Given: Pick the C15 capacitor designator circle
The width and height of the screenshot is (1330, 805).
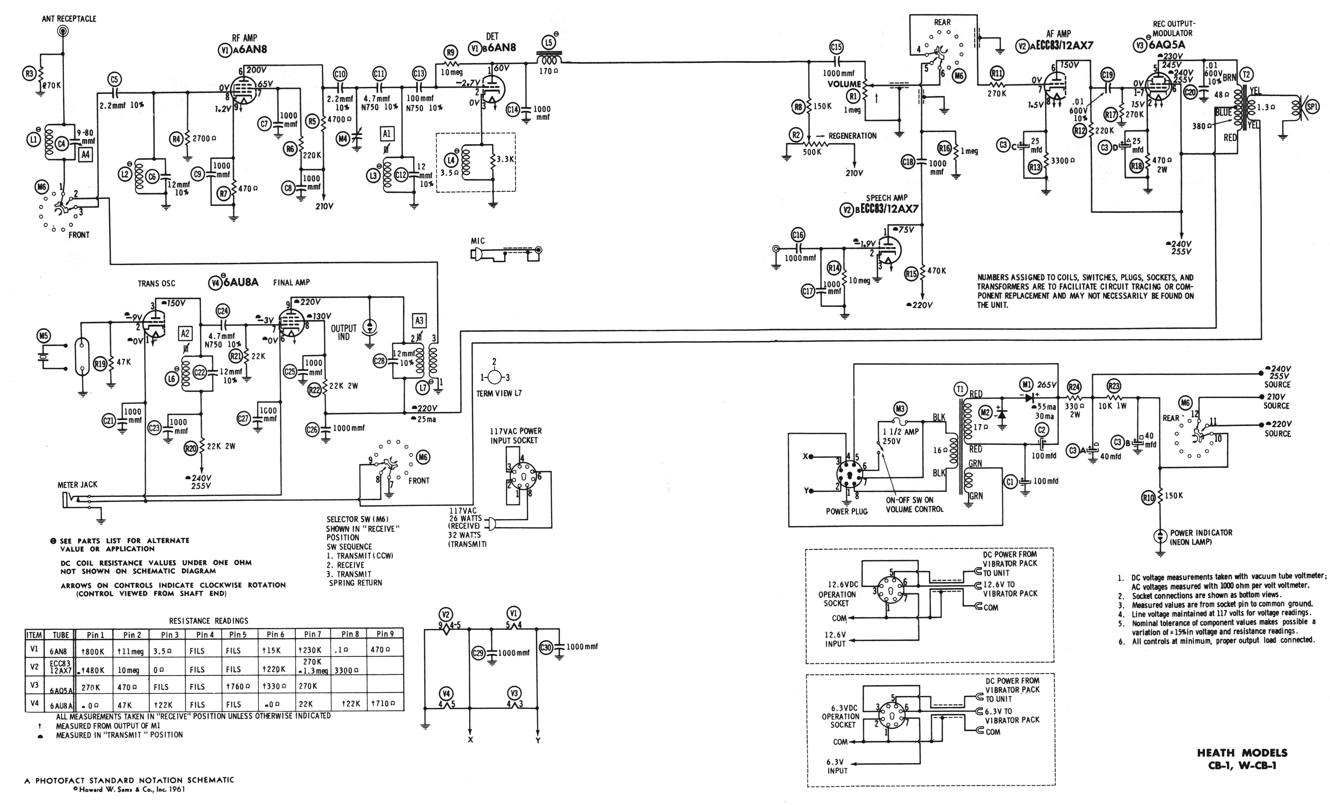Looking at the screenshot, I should click(836, 47).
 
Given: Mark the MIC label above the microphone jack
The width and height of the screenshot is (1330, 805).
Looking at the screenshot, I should click(478, 241).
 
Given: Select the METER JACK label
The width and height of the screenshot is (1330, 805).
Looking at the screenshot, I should click(77, 485).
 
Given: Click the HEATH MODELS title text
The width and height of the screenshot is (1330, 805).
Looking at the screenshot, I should click(1241, 753).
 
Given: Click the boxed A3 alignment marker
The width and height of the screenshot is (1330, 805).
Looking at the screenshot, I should click(419, 321).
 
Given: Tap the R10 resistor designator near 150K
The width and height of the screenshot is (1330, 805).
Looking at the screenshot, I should click(1148, 498).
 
